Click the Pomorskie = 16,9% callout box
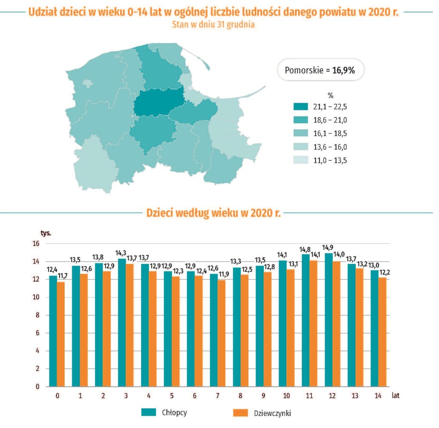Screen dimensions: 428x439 point(321,70)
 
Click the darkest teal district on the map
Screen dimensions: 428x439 point(159,102)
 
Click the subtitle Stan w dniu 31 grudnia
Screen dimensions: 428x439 point(213,25)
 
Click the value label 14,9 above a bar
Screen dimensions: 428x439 point(328,248)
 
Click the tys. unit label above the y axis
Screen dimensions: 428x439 point(46,233)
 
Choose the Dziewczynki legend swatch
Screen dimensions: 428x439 point(241,413)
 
